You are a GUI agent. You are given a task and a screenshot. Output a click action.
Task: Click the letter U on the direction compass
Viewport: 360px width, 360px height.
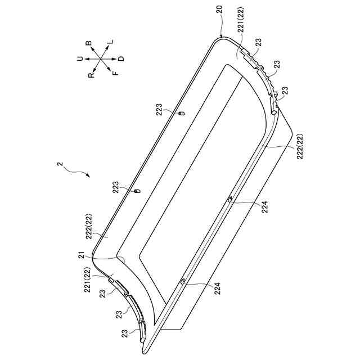pos(80,58)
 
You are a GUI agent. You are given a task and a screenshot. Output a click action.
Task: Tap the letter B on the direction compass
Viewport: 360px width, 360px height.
pos(88,43)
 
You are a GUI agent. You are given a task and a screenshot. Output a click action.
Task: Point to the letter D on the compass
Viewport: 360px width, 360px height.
pos(121,58)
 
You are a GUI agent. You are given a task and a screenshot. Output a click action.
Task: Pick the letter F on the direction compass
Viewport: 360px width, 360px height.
pos(115,73)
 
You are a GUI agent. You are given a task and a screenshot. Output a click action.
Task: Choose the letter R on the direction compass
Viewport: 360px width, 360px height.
pos(92,74)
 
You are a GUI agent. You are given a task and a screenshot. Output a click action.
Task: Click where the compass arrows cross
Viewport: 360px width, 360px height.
pos(101,58)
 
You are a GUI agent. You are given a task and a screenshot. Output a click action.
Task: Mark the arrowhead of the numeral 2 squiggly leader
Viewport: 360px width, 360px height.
pos(88,175)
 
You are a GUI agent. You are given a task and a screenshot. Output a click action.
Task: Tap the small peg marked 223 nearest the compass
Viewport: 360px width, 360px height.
pos(181,113)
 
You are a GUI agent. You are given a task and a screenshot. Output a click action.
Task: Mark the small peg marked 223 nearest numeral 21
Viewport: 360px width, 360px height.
pos(134,192)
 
